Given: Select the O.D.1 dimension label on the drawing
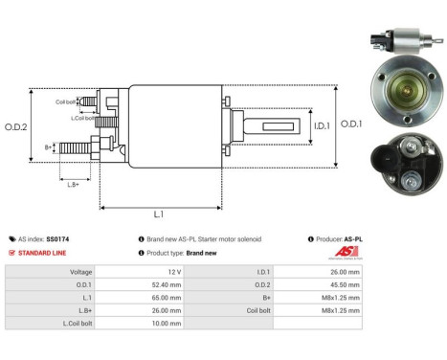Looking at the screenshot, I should [x=350, y=123].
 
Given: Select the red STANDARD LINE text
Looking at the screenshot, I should [x=44, y=253].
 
